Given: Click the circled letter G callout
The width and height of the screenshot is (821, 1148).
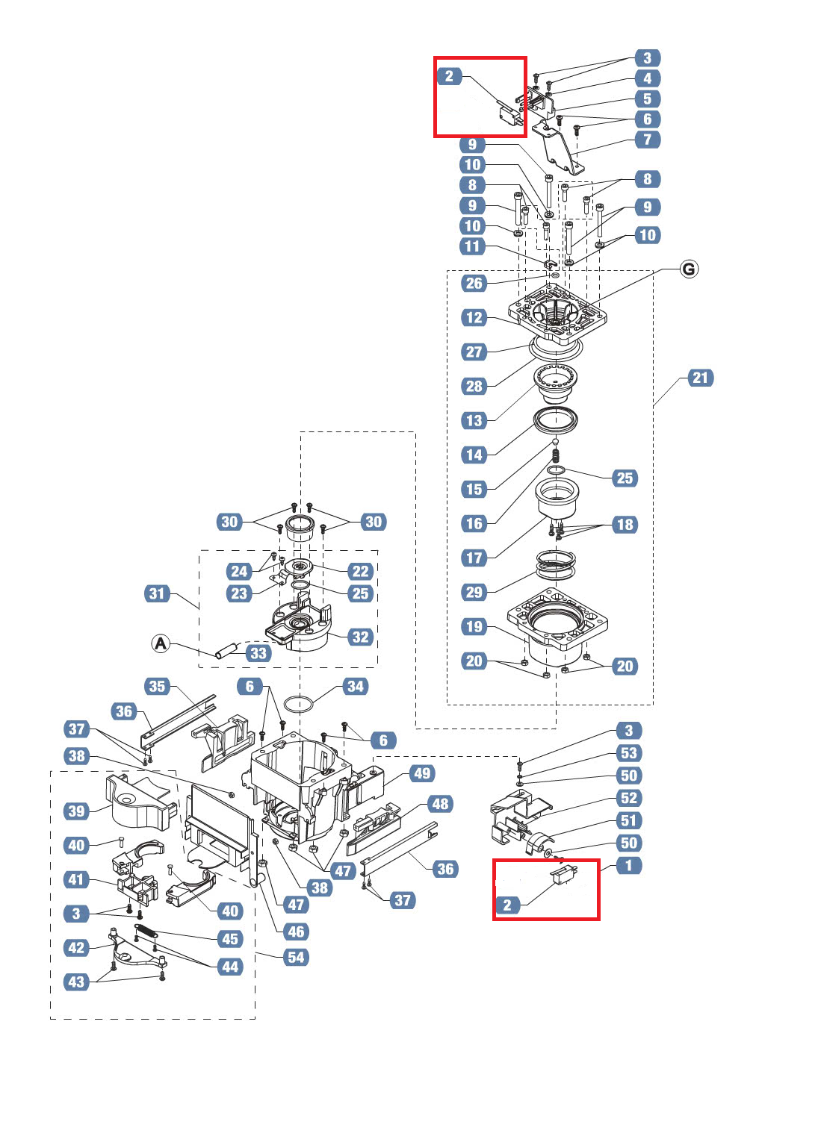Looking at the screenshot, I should click(x=689, y=269).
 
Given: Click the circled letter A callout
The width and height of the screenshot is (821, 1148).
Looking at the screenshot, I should click(x=161, y=643).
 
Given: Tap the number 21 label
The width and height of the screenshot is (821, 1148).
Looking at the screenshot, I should click(x=699, y=378).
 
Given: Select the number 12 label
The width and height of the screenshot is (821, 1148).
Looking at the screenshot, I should click(x=474, y=317).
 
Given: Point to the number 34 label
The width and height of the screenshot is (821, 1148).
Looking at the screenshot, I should click(x=355, y=686).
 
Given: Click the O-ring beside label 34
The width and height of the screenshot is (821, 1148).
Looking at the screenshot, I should click(x=300, y=704).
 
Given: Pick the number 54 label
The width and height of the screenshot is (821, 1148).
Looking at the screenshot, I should click(x=297, y=957).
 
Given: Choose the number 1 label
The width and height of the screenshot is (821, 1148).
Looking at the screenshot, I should click(x=628, y=865).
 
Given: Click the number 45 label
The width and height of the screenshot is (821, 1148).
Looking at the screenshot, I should click(x=230, y=939).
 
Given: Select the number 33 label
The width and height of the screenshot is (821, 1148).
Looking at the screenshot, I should click(x=258, y=653).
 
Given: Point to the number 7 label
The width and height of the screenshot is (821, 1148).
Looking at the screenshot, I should click(x=647, y=139).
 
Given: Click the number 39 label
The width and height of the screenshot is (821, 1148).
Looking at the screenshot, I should click(x=77, y=811).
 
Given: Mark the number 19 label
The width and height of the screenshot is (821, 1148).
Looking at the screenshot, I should click(x=474, y=626).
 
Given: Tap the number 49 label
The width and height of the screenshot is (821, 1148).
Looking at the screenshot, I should click(x=422, y=773).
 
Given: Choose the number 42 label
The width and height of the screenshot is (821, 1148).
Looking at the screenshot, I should click(x=77, y=947).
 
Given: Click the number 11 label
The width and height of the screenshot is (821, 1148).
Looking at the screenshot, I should click(x=472, y=246).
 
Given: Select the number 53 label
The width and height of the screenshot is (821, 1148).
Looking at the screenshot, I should click(x=629, y=753).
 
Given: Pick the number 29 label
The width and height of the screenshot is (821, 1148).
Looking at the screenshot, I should click(x=474, y=592).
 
